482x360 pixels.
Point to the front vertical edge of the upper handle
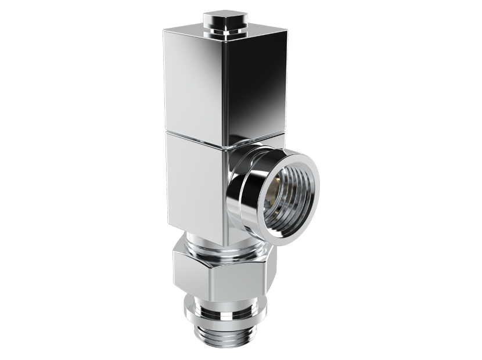coord(224,87)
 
